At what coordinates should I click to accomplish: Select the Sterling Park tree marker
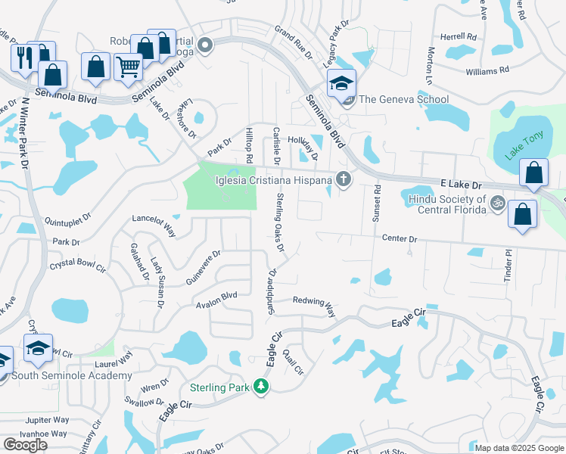tap(261, 387)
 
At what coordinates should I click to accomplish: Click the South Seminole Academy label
tap(72, 375)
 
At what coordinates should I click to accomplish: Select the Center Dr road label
tap(400, 239)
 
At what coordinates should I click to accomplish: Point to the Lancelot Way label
tap(154, 225)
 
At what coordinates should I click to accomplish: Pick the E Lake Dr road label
tap(461, 185)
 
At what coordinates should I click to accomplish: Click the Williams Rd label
tap(487, 71)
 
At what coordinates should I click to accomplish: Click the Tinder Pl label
tap(508, 266)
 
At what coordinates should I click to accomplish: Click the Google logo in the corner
tap(25, 445)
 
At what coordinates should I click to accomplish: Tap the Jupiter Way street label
tap(47, 419)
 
